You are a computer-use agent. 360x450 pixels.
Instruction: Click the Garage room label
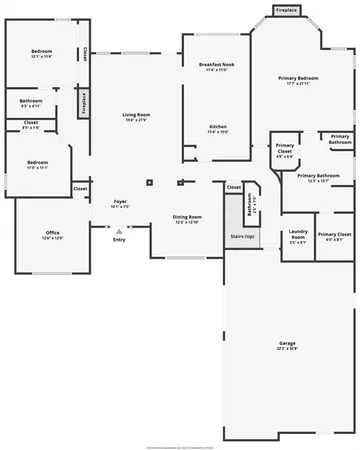[287, 343]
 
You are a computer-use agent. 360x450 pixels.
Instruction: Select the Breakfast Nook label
[216, 64]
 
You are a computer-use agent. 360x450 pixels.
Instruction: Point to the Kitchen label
[217, 126]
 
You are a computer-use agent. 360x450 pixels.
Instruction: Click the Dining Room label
[187, 216]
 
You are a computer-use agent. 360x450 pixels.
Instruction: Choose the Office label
[52, 233]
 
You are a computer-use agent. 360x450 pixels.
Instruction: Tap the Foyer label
[119, 202]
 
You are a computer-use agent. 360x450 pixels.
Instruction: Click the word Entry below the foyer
[119, 240]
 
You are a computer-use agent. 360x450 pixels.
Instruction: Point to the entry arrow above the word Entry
[119, 231]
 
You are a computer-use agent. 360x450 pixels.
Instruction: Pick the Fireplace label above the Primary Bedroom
[286, 11]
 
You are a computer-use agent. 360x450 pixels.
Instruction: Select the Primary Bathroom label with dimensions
[319, 175]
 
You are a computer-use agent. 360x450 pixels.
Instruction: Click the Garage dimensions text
[287, 349]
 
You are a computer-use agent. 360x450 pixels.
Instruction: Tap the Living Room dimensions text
[135, 121]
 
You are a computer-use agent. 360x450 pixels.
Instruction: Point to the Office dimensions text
[52, 239]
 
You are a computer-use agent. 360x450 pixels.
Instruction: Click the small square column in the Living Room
[149, 182]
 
